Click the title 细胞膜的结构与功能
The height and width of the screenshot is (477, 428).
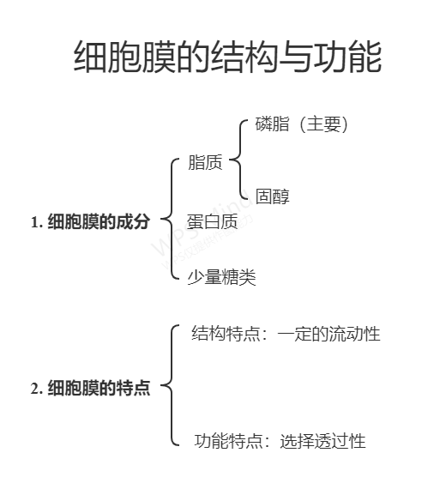tap(227, 57)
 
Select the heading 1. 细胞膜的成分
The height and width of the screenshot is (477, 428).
tap(90, 221)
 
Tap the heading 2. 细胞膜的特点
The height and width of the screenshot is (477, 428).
tap(90, 388)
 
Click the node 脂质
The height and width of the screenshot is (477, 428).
tap(205, 162)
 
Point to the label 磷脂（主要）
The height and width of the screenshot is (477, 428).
tap(301, 124)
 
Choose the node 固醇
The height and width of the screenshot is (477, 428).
tap(272, 196)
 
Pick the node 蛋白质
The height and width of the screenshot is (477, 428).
tap(212, 221)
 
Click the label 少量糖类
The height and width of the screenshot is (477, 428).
tap(221, 277)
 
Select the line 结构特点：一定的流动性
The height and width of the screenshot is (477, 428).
tap(286, 334)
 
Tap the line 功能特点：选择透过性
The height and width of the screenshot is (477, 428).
tap(280, 441)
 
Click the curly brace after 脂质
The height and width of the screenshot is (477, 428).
tap(239, 159)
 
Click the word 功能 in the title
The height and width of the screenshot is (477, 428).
tap(347, 57)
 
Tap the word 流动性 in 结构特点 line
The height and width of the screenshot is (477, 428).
tap(355, 334)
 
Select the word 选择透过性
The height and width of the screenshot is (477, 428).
tap(323, 441)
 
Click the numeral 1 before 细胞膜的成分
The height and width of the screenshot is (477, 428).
tap(35, 222)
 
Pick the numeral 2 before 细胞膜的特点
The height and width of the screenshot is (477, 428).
tap(35, 389)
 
